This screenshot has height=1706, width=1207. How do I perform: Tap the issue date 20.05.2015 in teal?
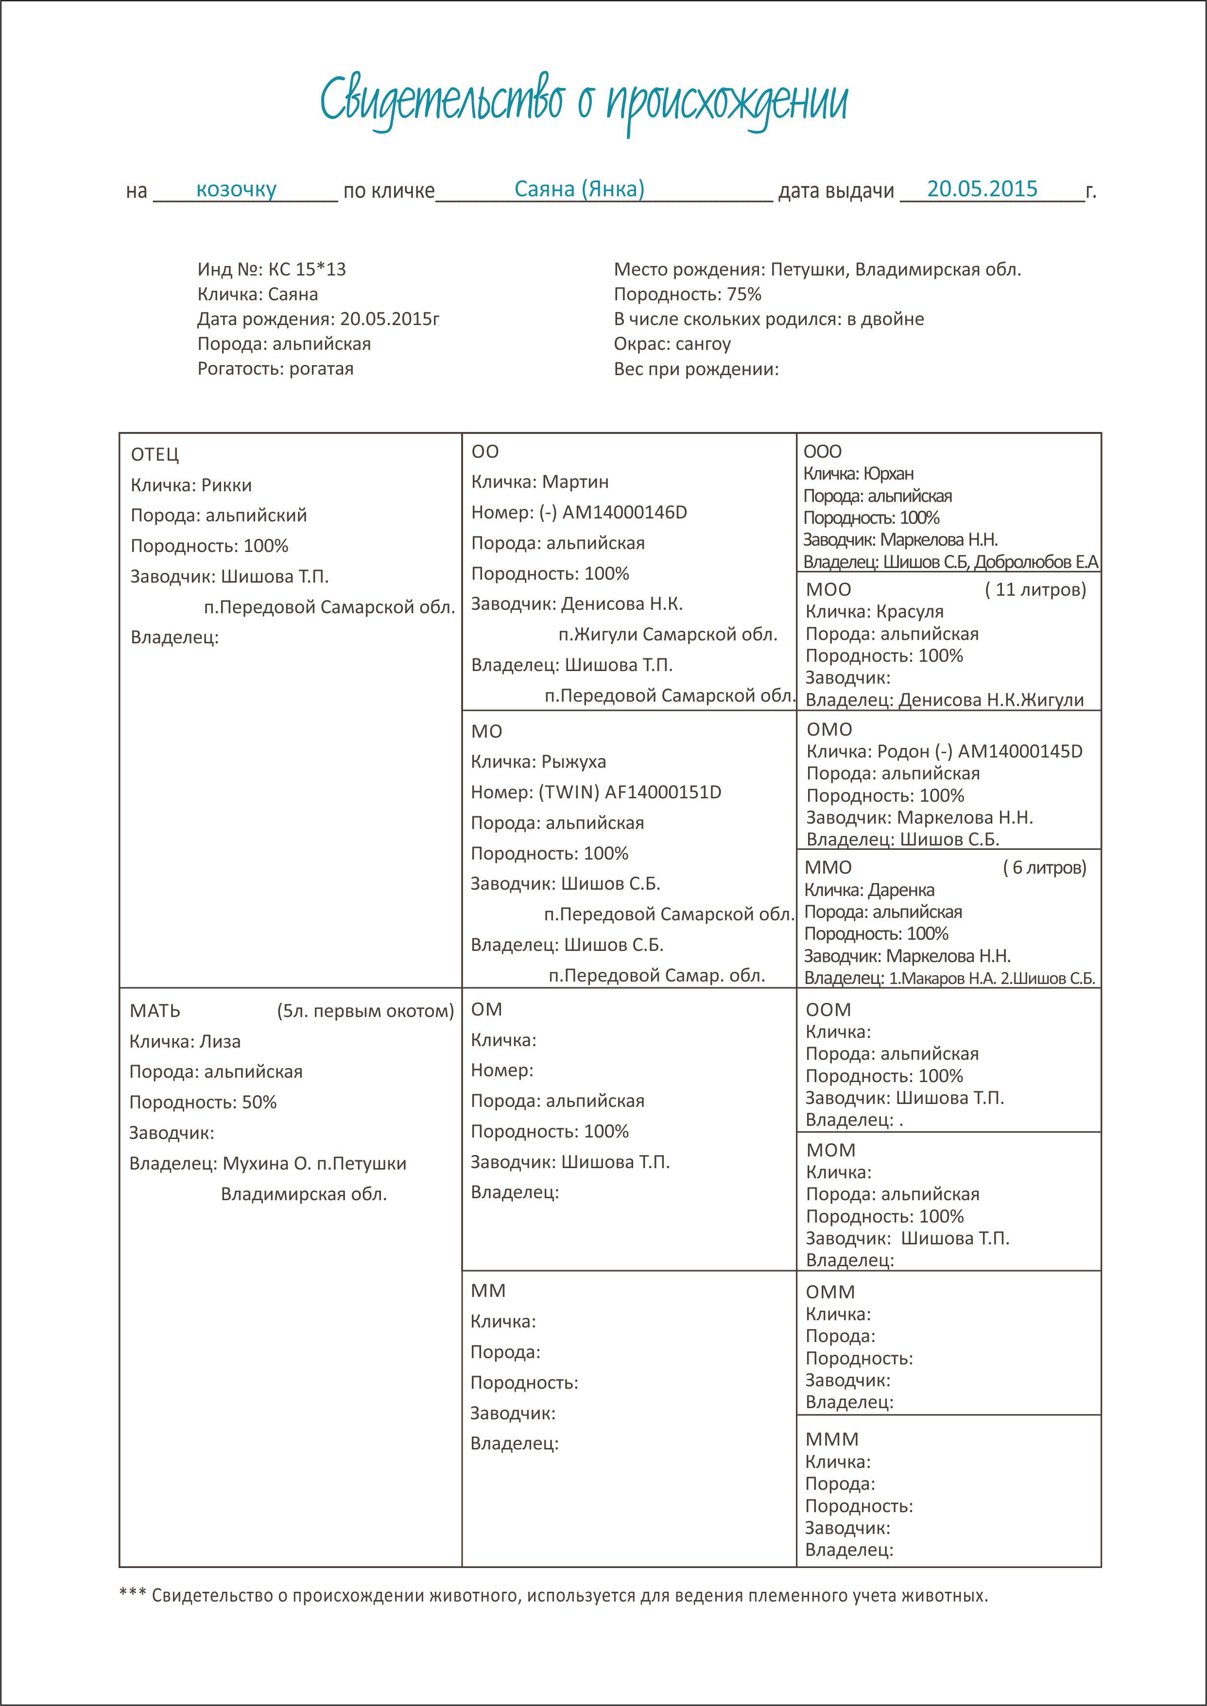pos(982,189)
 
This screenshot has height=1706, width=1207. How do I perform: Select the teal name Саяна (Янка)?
pos(579,189)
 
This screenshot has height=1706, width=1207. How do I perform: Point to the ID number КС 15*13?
pos(307,269)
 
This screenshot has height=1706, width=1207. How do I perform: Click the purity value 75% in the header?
pos(744,294)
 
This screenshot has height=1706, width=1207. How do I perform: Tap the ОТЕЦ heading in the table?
pos(155,454)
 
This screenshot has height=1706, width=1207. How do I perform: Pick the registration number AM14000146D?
pos(624,512)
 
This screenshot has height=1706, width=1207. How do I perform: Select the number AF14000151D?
pos(663,792)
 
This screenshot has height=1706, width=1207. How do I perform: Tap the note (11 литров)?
pos(1035,589)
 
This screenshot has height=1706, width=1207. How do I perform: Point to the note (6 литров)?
pos(1044,867)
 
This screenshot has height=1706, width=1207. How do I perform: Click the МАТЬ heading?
pos(155,1011)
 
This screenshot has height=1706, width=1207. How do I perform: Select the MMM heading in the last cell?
pos(832,1439)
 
